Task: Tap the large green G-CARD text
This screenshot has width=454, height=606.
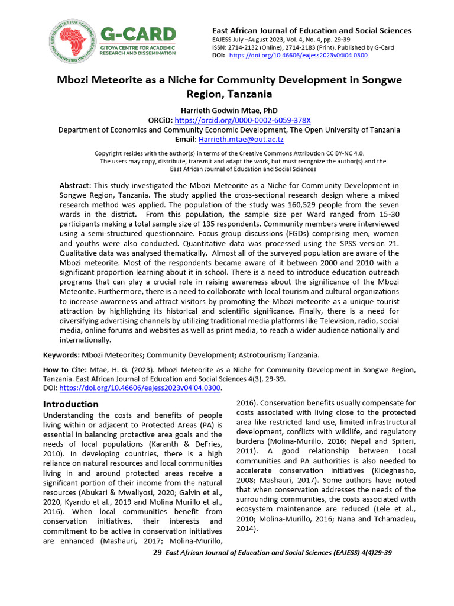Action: tap(138, 34)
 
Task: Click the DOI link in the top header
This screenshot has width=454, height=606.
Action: tap(298, 55)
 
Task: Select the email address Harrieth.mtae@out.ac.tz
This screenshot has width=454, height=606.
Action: tap(241, 140)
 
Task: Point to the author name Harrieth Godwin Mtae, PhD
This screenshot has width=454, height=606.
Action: tap(228, 111)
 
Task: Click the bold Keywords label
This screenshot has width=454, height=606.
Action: tap(61, 355)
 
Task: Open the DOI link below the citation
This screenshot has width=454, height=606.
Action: tap(141, 388)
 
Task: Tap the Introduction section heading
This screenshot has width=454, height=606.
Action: tap(71, 404)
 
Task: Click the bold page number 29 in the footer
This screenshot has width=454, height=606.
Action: tap(157, 552)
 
